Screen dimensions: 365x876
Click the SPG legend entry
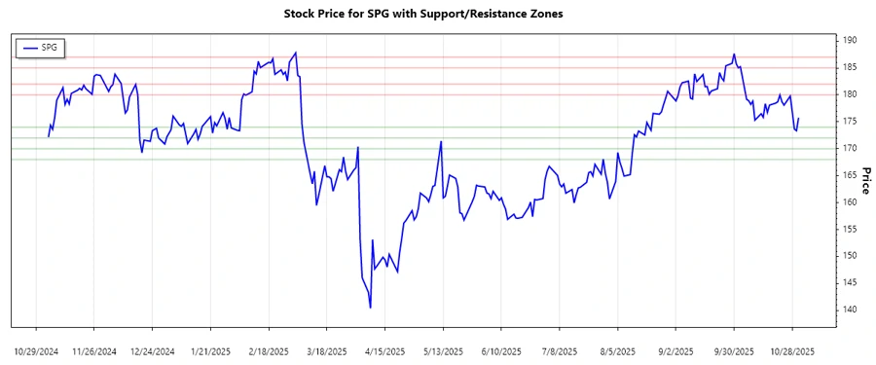[x=40, y=47]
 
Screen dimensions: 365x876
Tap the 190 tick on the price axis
[x=850, y=40]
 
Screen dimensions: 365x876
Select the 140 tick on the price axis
[x=850, y=310]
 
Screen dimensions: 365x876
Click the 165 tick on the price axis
[x=850, y=175]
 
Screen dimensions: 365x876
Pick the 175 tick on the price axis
[x=850, y=121]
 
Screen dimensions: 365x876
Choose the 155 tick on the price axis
[x=850, y=229]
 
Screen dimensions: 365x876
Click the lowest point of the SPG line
[x=371, y=308]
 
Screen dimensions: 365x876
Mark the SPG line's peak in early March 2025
[x=296, y=53]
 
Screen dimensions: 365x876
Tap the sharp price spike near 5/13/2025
[x=442, y=142]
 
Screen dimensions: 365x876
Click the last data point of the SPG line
[x=798, y=119]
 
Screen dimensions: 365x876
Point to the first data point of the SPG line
[x=48, y=136]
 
